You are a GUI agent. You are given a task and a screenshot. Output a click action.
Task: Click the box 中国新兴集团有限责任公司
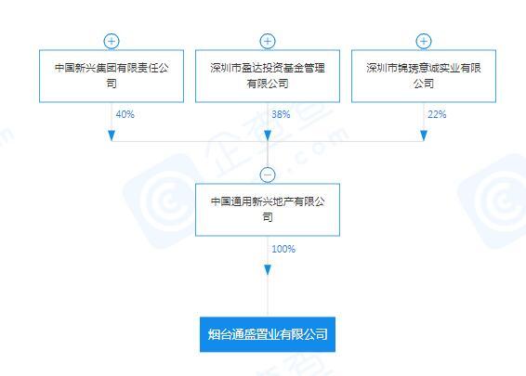(112, 76)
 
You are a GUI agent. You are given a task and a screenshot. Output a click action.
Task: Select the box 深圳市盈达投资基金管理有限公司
(268, 76)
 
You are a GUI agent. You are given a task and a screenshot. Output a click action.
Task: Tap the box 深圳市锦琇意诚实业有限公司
(424, 76)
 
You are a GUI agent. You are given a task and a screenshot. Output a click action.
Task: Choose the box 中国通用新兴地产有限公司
(268, 210)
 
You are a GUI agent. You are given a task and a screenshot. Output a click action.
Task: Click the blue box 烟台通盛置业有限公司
(268, 334)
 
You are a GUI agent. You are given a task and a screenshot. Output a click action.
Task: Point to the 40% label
(125, 114)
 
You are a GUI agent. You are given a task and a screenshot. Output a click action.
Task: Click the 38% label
(281, 114)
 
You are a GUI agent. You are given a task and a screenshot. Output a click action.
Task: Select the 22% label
(437, 114)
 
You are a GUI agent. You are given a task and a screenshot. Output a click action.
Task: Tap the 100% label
(283, 249)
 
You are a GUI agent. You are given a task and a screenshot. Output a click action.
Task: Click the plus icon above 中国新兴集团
(112, 42)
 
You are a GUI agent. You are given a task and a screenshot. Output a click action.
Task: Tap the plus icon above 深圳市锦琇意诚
(424, 42)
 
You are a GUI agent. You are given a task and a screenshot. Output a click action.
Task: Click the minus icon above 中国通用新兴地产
(268, 175)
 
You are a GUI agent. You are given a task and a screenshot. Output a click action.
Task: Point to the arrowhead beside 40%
(112, 136)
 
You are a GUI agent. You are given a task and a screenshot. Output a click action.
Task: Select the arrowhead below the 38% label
(268, 136)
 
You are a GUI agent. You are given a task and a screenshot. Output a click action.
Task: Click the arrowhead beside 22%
(424, 136)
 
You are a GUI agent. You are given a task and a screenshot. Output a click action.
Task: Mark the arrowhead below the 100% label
(268, 270)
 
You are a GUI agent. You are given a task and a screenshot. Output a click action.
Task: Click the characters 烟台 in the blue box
(219, 334)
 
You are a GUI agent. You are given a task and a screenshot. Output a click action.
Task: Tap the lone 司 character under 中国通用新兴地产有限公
(268, 217)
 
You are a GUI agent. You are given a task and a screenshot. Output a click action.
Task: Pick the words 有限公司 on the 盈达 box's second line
(268, 84)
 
